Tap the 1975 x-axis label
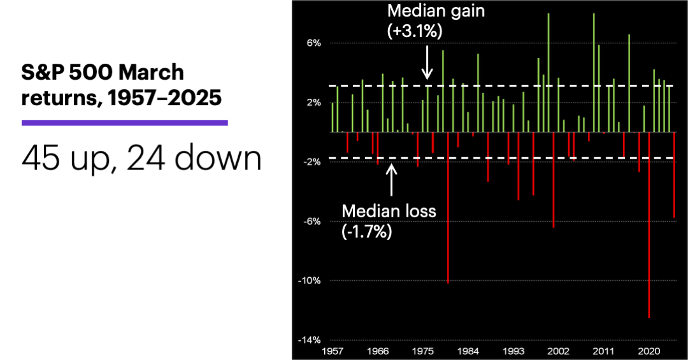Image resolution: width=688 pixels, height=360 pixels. [424, 351]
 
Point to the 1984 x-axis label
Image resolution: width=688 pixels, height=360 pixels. [469, 351]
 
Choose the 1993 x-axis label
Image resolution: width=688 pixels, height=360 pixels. [513, 351]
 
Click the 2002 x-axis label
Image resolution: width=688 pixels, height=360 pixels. [559, 351]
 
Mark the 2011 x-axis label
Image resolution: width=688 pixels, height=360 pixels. [604, 351]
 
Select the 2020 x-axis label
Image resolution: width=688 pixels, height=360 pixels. [649, 351]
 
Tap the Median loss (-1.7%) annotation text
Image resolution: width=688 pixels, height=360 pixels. [389, 220]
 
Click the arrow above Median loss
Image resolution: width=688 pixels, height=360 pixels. [391, 180]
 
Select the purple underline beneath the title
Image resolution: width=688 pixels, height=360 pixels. [125, 122]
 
